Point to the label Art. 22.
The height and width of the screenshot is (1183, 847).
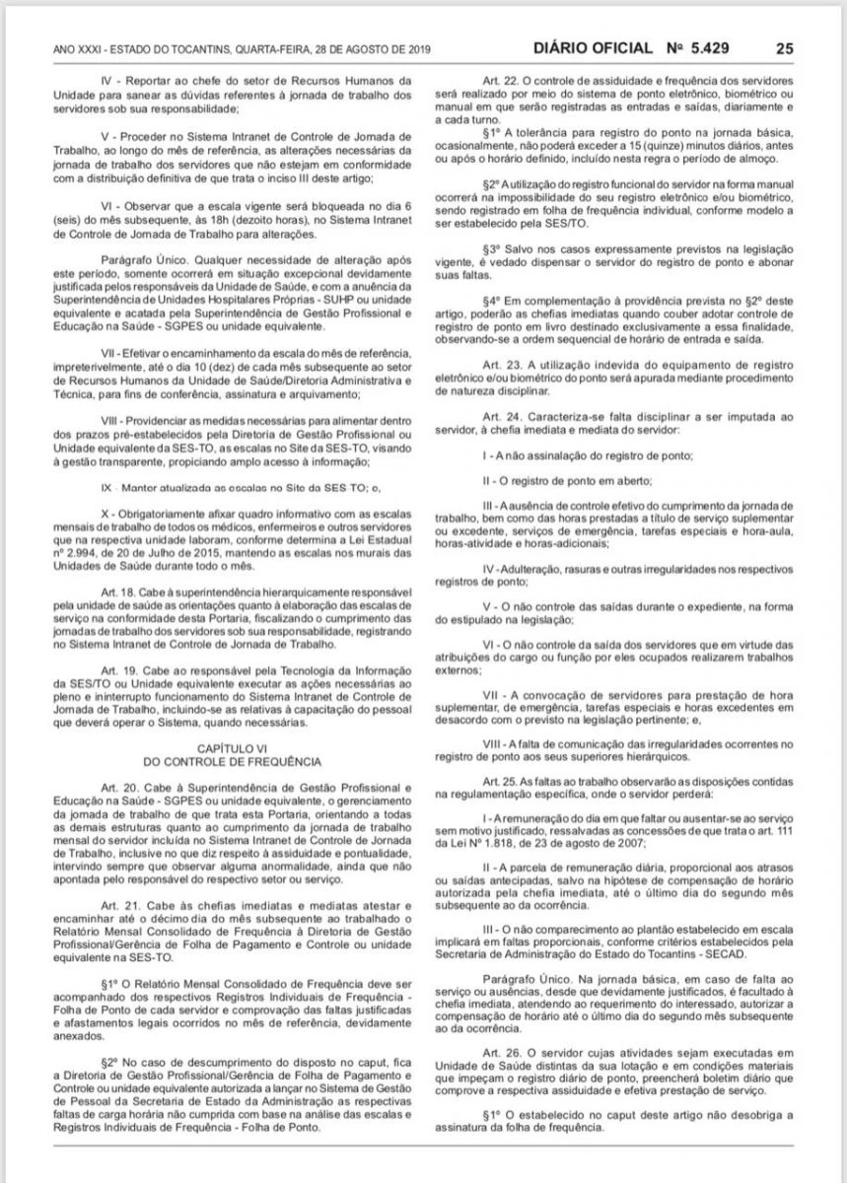coord(495,78)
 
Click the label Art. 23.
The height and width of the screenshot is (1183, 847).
coord(495,364)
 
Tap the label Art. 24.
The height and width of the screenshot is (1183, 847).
coord(495,417)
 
